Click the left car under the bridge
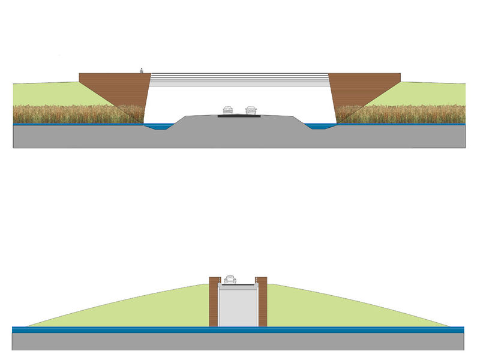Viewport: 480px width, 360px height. coord(227,110)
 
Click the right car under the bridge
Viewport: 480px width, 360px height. coord(251,110)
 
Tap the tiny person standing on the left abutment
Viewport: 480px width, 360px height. coord(142,71)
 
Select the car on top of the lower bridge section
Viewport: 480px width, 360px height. coord(230,280)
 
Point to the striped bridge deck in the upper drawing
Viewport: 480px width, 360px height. coord(239,77)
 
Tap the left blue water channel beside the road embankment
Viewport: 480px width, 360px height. coord(159,126)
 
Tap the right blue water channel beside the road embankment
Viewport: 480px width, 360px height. coord(320,126)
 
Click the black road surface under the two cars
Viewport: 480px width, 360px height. coord(239,116)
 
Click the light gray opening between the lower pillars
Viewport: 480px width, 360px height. coord(238,306)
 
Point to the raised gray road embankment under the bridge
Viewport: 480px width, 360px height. coord(239,132)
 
